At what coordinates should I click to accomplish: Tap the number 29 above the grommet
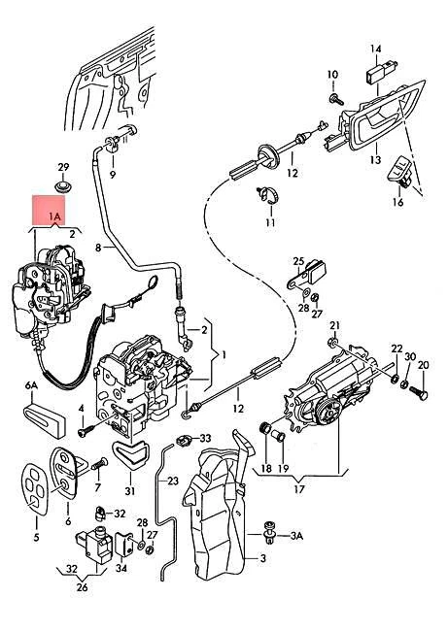click(x=64, y=166)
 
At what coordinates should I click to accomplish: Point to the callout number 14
click(x=376, y=48)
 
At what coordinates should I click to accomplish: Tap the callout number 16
click(x=397, y=203)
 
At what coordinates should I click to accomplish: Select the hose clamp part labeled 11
click(x=268, y=194)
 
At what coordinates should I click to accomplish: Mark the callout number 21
click(x=334, y=325)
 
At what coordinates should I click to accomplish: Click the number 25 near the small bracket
click(x=298, y=261)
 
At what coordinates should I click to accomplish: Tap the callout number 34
click(x=121, y=568)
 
